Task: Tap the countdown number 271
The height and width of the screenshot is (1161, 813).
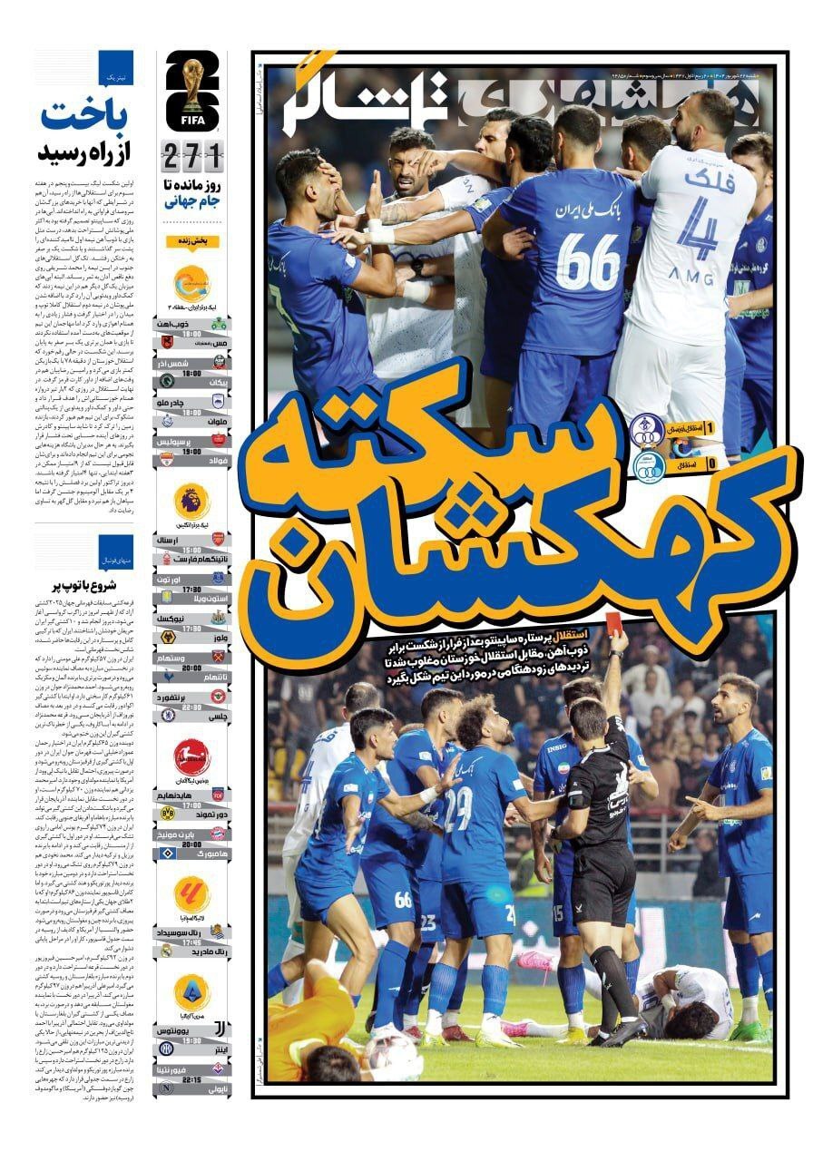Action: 192,156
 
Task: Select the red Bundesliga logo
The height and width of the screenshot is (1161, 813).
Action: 192,757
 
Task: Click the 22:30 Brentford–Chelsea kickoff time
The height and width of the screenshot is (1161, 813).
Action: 191,706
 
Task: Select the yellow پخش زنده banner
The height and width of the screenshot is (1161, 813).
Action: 191,241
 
